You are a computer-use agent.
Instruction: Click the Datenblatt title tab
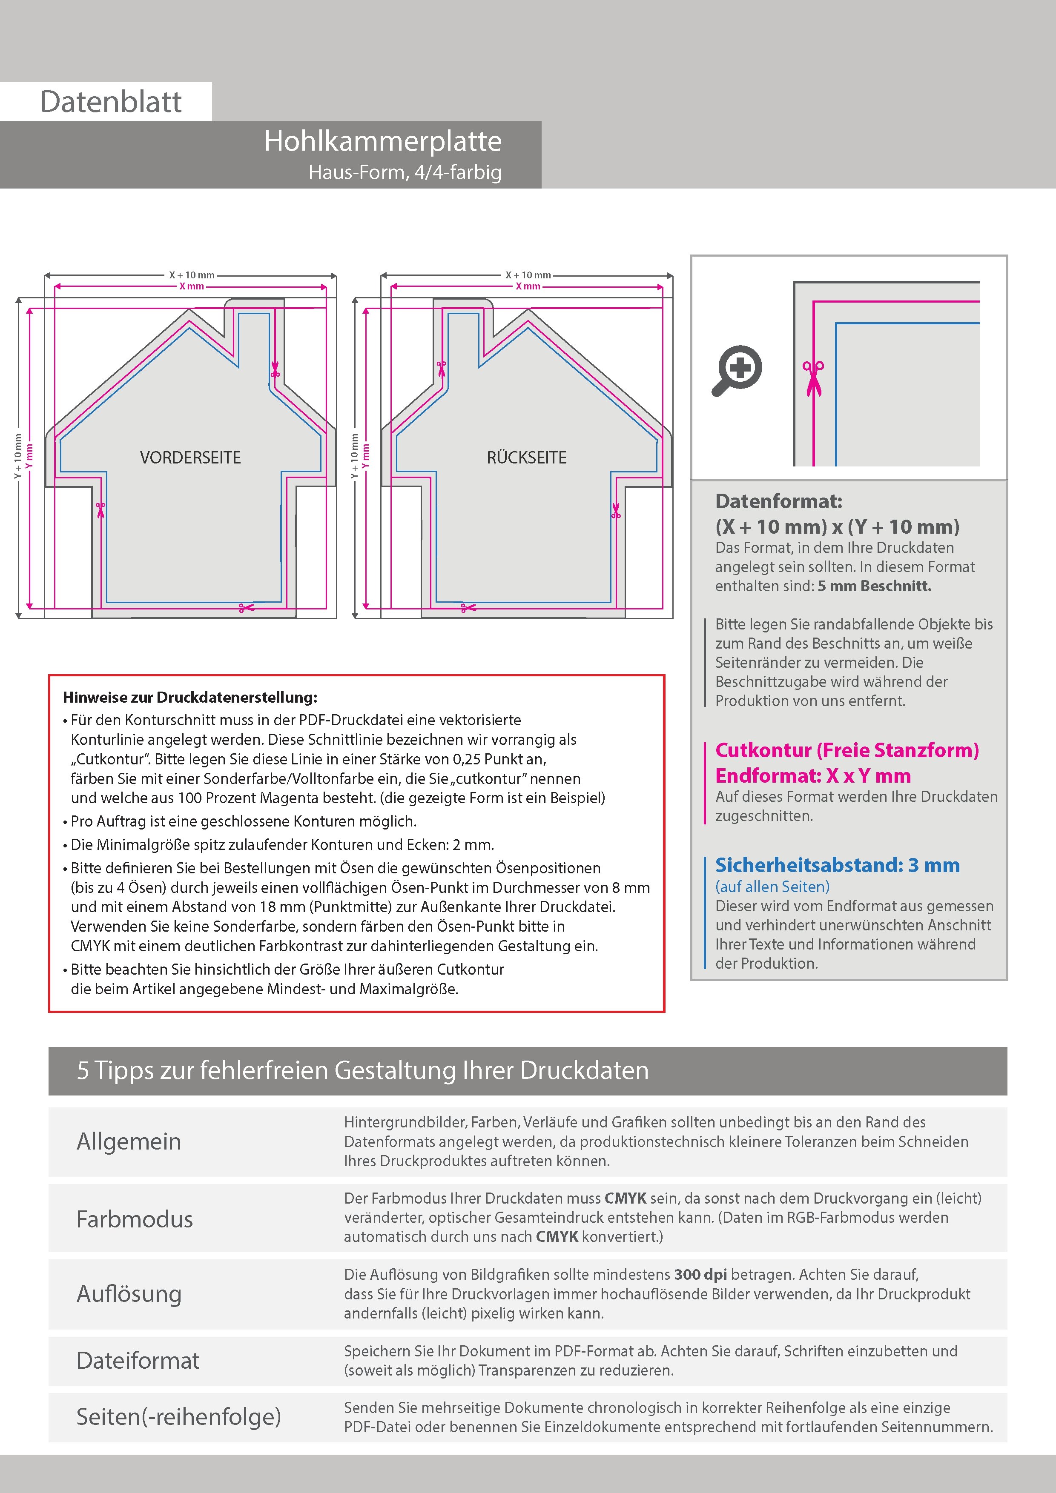tap(111, 101)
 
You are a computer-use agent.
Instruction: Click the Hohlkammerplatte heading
tap(382, 141)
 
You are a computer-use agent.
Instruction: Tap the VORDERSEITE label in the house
tap(190, 458)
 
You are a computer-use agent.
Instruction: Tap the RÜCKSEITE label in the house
tap(526, 458)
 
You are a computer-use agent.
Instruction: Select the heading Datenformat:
tap(778, 501)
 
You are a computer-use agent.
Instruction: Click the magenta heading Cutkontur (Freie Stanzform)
tap(847, 750)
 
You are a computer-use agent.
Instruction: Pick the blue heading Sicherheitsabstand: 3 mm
tap(837, 866)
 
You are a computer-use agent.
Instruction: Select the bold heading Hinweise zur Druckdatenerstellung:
tap(190, 698)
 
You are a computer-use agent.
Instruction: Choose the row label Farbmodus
tap(135, 1219)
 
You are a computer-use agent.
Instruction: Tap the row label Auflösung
tap(129, 1293)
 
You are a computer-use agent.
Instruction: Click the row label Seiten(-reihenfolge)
tap(178, 1416)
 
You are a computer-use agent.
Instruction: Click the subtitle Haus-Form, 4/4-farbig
tap(405, 172)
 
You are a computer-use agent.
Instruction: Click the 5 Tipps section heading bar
tap(528, 1070)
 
